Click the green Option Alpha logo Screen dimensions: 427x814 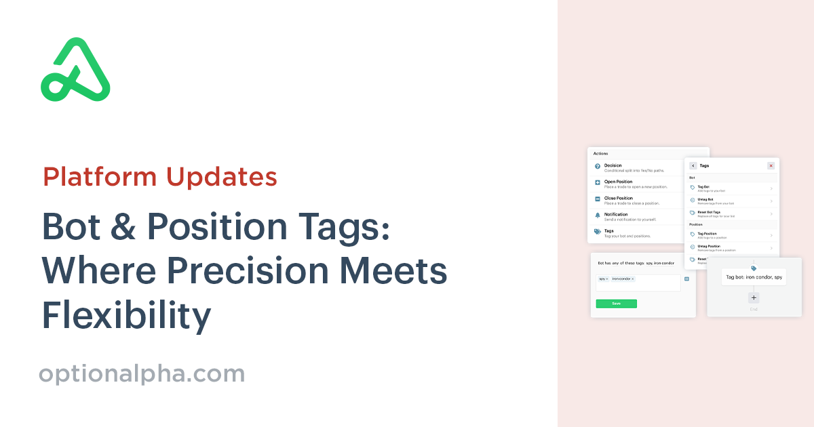coord(75,70)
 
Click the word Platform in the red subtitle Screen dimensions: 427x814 coord(98,176)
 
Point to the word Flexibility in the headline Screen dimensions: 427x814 coord(126,316)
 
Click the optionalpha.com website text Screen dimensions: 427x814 coord(142,373)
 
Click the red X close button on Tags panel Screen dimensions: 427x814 coord(771,165)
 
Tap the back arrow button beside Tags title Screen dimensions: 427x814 coord(693,165)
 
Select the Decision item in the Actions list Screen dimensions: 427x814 coord(613,165)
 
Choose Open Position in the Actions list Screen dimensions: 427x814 coord(618,182)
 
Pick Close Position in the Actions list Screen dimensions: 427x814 coord(618,198)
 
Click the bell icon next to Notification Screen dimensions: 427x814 coord(597,215)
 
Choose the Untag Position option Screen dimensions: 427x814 coord(709,246)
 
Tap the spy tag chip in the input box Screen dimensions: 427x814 coord(603,279)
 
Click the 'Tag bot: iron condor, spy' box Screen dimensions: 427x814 coord(754,277)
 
